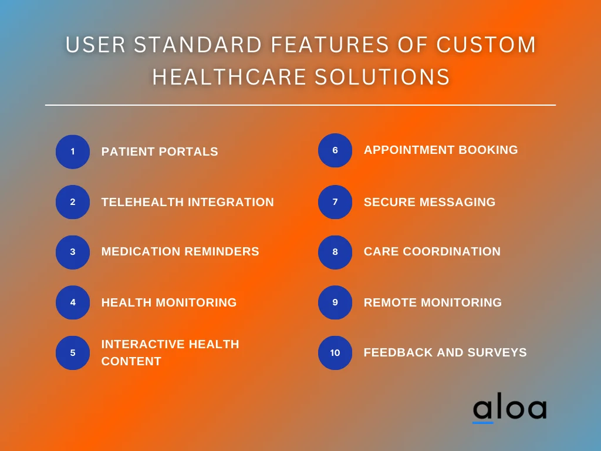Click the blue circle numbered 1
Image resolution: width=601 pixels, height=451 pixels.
pos(73,152)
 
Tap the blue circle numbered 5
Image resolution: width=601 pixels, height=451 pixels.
pos(73,353)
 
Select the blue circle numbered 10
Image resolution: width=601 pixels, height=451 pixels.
pos(335,353)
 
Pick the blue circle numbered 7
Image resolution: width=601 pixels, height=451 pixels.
pos(335,202)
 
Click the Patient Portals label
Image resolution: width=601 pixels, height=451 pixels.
pos(160,152)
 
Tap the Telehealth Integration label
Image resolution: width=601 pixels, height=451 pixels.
pos(187,202)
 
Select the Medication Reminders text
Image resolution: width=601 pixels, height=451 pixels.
pos(180,251)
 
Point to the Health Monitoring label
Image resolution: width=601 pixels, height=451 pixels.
pos(169,302)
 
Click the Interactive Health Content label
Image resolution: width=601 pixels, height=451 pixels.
pos(170,352)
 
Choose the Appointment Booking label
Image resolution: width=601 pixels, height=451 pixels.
pos(441,150)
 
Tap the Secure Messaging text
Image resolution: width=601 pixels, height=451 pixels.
pos(430,202)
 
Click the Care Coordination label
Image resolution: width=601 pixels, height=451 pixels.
pos(432,251)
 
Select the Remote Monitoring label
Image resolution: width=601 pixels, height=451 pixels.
pos(433,302)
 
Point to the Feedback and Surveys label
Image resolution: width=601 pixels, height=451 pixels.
pos(445,352)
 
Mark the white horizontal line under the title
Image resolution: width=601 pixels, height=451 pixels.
pos(300,105)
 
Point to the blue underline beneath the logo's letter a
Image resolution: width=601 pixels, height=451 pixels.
pos(483,422)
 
